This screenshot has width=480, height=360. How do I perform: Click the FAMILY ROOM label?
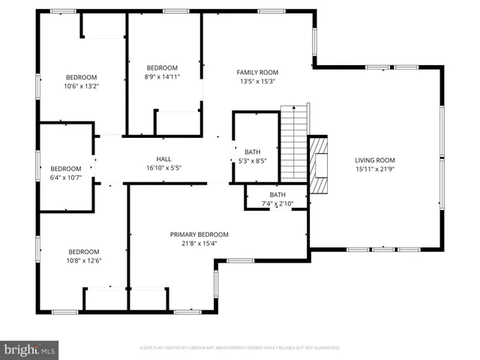257,72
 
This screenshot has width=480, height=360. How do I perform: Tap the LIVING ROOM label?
374,160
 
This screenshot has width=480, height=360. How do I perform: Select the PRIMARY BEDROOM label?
199,234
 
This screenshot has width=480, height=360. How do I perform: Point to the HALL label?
163,158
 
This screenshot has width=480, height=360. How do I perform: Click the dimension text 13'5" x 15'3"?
257,82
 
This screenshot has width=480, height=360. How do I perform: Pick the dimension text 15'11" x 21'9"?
374,169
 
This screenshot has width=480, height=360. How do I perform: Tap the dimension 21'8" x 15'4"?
199,243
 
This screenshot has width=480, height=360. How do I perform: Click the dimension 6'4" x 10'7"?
65,178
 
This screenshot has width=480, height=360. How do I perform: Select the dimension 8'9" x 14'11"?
162,76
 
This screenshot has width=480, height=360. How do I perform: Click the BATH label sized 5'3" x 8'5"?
252,152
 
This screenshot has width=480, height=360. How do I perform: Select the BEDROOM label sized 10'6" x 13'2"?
82,77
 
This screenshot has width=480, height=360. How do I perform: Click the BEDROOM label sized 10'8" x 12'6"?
84,251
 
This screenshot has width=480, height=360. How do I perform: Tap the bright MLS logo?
30,349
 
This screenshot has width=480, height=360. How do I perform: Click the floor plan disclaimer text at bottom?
240,348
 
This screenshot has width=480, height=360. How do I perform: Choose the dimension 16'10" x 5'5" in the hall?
163,168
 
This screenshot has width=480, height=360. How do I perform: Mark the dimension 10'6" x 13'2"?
82,86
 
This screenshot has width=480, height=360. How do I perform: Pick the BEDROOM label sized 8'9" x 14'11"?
162,67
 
